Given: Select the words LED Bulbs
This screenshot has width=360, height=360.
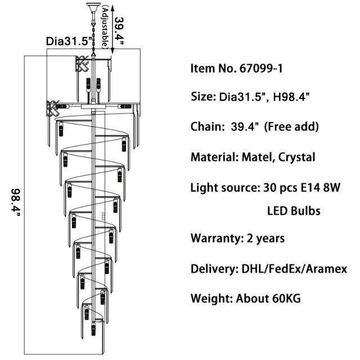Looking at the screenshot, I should tap(294, 211).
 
